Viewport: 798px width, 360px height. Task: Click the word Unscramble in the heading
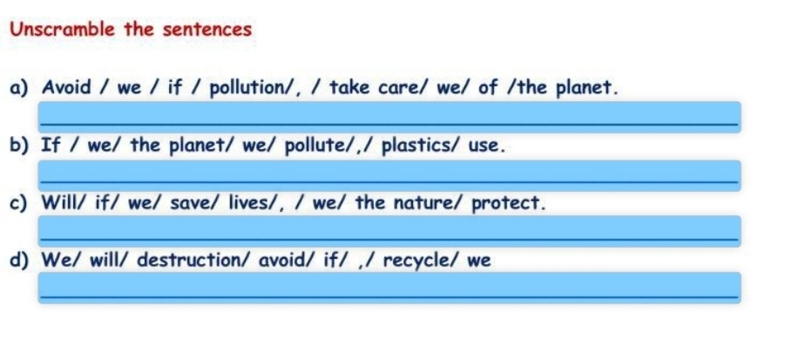tap(63, 30)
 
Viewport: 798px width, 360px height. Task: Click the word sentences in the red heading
tap(207, 30)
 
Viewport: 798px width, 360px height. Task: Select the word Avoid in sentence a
tap(67, 87)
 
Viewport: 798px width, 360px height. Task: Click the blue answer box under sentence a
tap(389, 117)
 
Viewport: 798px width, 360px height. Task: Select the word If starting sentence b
tap(51, 146)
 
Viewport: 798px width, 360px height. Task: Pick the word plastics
tap(416, 146)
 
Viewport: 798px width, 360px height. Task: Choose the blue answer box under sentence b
tap(389, 176)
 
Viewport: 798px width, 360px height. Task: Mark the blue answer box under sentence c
tap(389, 231)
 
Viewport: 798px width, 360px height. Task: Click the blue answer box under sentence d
tap(389, 288)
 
